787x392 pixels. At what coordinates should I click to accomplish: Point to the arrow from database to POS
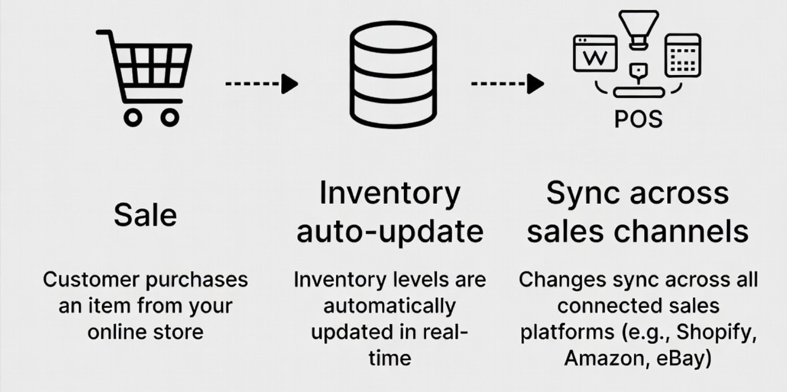point(507,84)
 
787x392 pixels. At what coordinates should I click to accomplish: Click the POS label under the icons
point(638,119)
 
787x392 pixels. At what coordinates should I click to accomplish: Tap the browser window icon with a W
point(595,54)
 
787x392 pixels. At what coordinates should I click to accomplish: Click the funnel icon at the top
point(638,28)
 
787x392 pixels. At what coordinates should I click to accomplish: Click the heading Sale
point(145,215)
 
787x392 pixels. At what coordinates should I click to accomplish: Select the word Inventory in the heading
point(390,193)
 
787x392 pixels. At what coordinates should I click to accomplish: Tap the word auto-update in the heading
point(390,231)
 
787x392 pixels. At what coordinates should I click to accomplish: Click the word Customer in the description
point(90,279)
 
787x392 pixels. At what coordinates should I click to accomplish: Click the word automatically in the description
point(390,306)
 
